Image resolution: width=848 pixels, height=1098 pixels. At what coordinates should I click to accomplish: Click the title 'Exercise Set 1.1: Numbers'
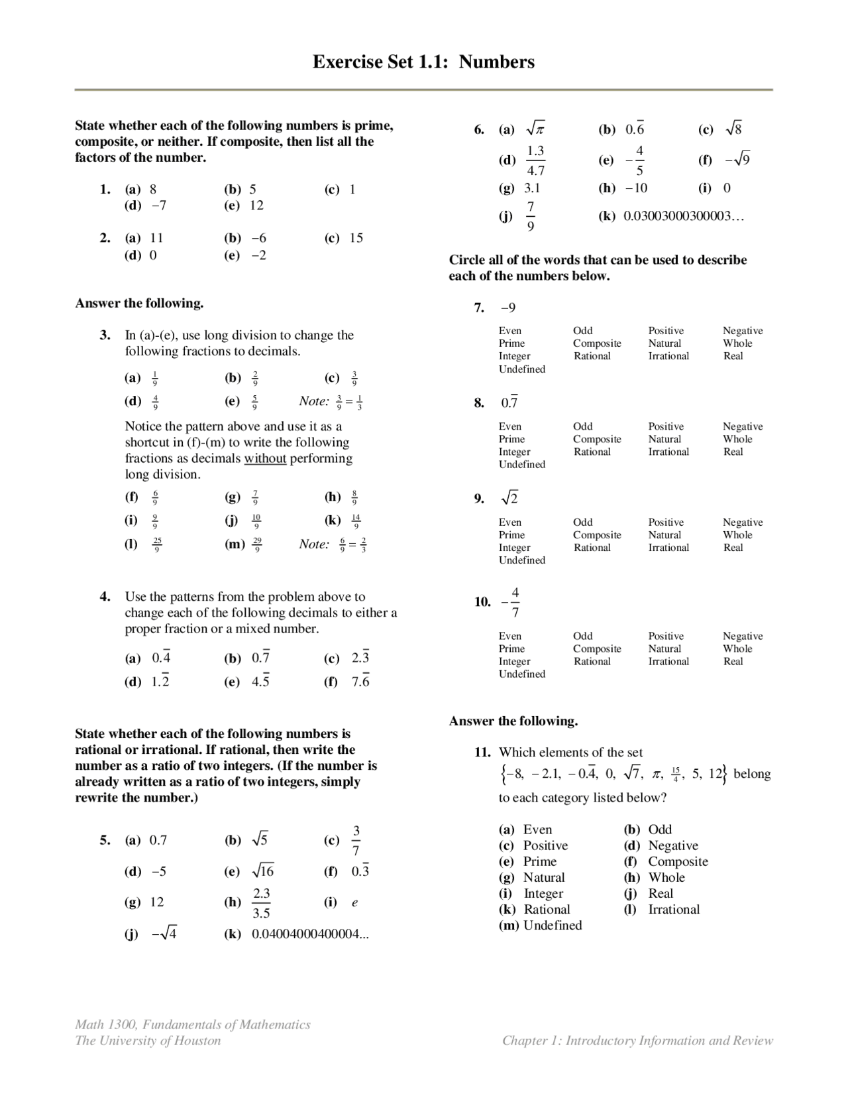[423, 62]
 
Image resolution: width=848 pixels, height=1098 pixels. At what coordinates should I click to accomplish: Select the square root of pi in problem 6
[535, 129]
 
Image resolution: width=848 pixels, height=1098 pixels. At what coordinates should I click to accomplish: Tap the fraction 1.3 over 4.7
[535, 160]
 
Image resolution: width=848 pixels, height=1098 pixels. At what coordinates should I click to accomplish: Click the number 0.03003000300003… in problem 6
[684, 216]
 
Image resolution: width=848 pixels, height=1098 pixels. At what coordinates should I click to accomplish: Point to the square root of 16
[262, 871]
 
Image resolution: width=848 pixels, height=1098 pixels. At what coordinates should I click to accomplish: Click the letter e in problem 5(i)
[355, 902]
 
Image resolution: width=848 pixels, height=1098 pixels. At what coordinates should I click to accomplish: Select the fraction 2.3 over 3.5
[262, 903]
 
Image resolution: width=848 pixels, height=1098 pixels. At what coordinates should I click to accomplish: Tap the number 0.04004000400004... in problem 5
[310, 934]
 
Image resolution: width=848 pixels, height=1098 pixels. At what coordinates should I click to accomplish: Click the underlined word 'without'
[265, 458]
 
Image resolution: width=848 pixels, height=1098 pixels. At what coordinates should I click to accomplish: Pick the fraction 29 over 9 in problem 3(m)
[258, 544]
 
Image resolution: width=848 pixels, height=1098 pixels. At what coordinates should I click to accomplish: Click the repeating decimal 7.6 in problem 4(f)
[360, 682]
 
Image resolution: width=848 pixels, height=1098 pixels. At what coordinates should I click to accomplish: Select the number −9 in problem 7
[508, 308]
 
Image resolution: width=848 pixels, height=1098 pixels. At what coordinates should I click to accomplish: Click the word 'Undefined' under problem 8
[522, 464]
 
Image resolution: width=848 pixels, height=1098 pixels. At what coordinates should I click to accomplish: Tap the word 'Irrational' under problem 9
[668, 548]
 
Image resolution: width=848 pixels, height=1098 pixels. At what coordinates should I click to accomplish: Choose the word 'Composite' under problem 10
[597, 648]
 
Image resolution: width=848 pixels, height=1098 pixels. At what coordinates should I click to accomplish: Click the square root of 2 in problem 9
[509, 499]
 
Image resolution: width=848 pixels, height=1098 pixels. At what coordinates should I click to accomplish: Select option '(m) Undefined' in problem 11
[540, 925]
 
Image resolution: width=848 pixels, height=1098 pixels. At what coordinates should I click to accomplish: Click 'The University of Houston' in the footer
[148, 1040]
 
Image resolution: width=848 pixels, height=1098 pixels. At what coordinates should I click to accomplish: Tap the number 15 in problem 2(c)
[356, 238]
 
